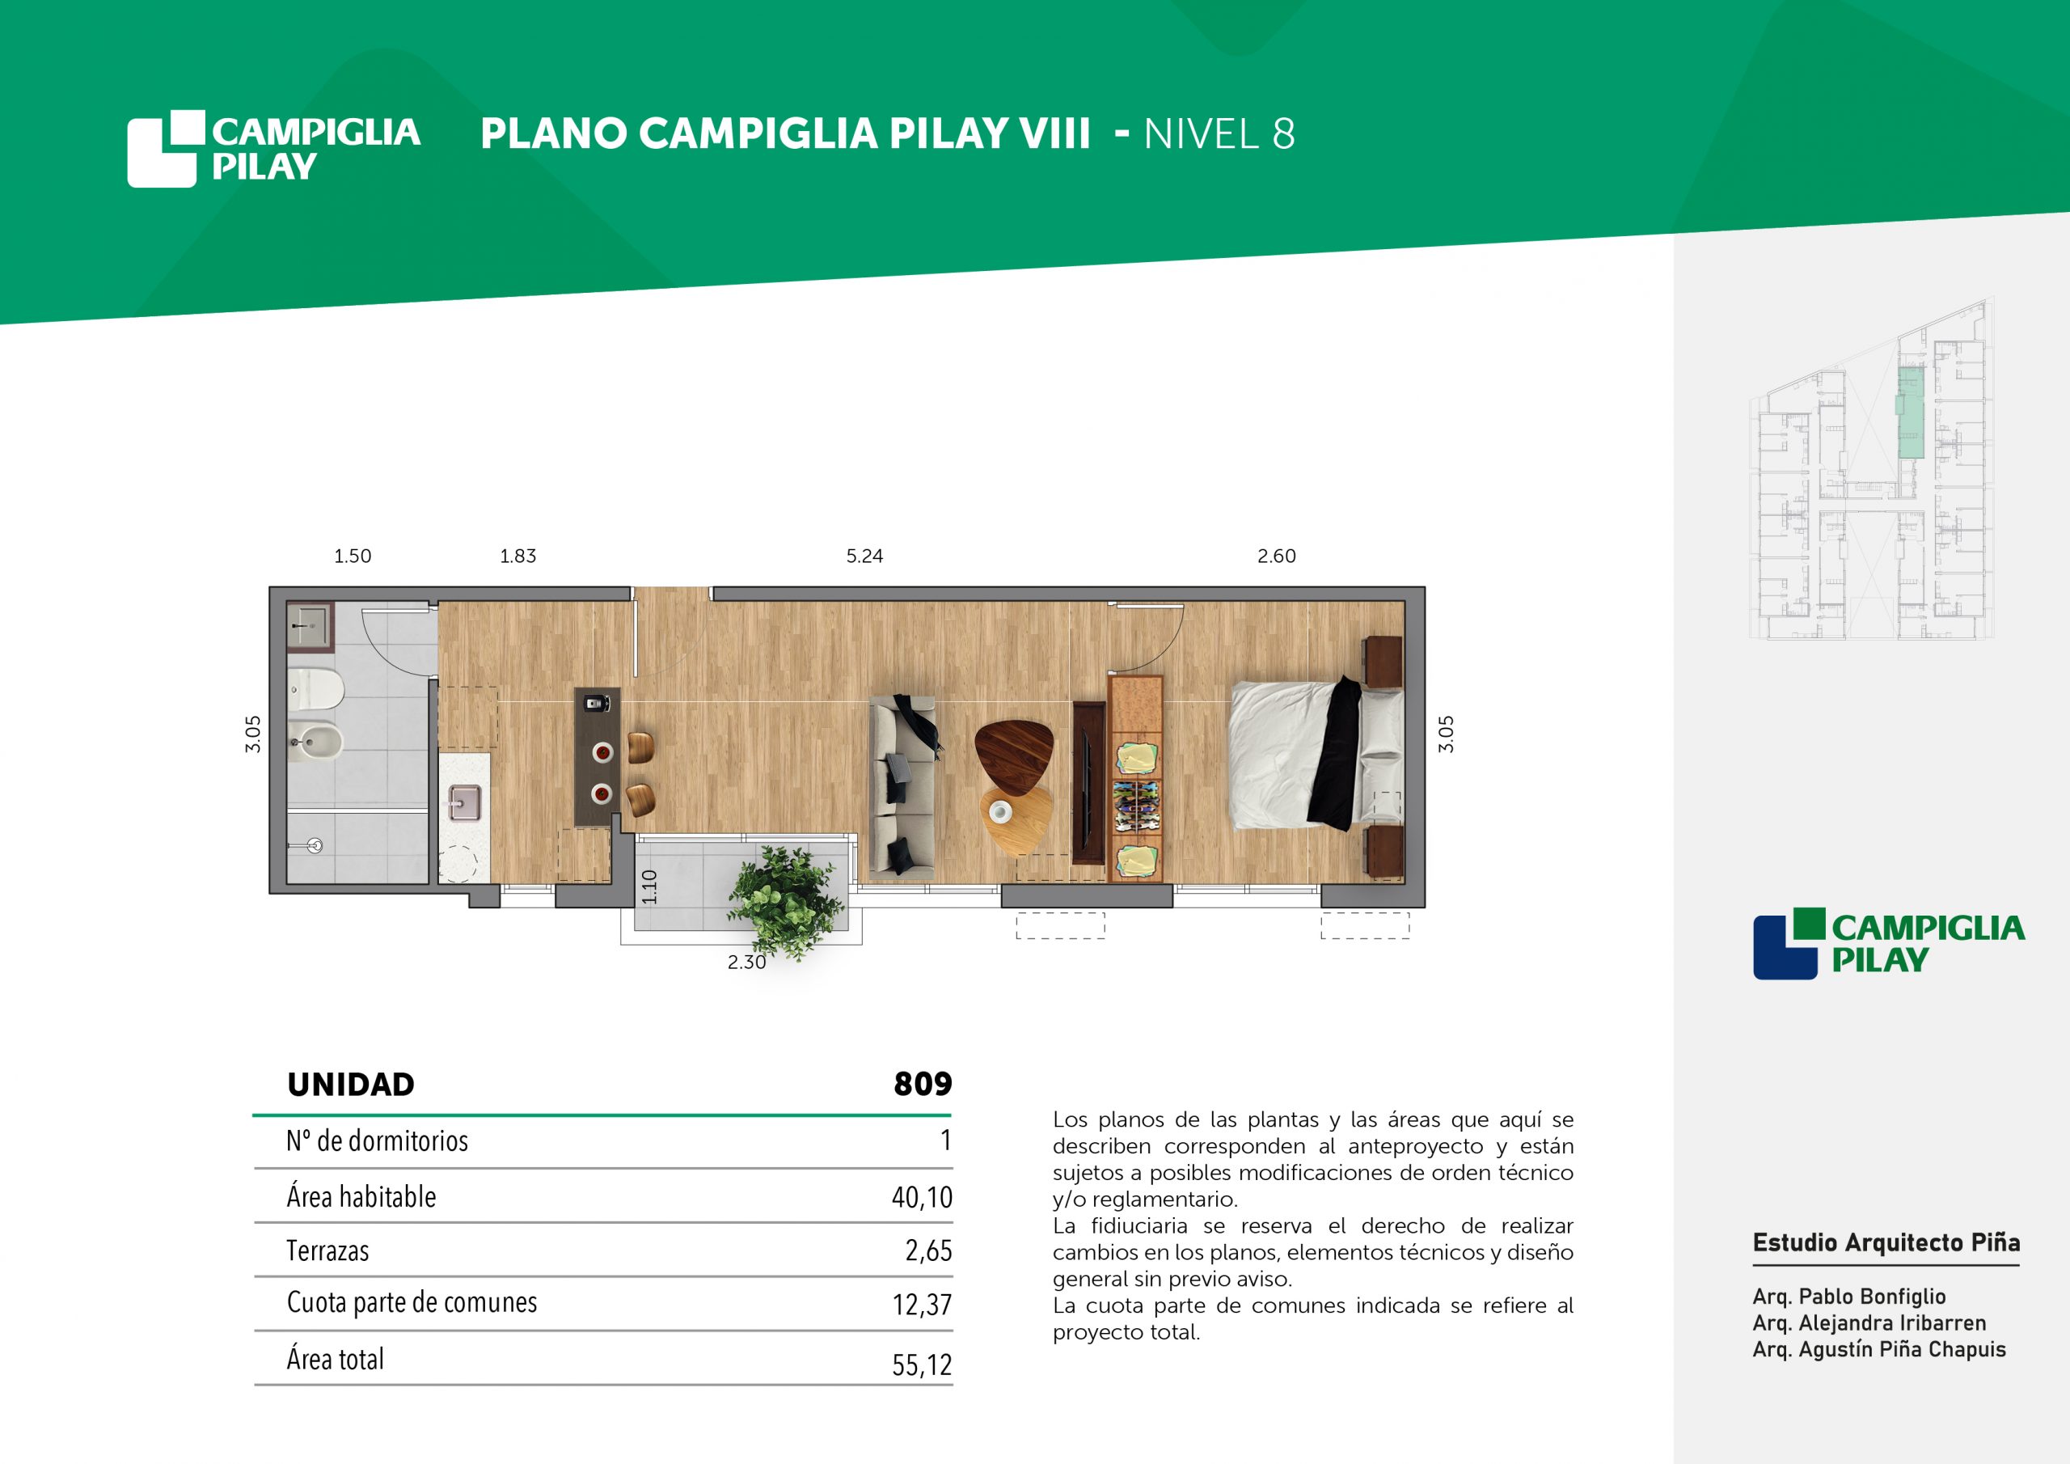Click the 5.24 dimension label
coord(864,556)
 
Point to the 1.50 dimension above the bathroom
coord(353,556)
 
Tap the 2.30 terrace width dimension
coord(746,963)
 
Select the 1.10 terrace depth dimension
coord(649,886)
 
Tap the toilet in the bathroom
coord(315,689)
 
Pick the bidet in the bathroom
coord(315,742)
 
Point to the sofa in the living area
coord(902,785)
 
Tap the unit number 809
coord(923,1083)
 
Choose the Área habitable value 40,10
coord(922,1197)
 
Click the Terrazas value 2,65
coord(928,1250)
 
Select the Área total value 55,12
coord(922,1365)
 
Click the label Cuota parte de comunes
coord(412,1302)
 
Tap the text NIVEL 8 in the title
coord(1219,133)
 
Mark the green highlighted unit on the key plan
coord(1911,413)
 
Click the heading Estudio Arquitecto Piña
coord(1886,1243)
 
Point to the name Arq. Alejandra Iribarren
coord(1869,1323)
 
